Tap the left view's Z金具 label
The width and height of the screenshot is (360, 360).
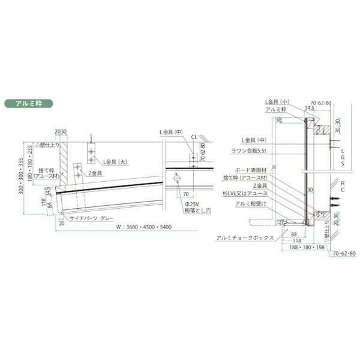[x=95, y=173]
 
